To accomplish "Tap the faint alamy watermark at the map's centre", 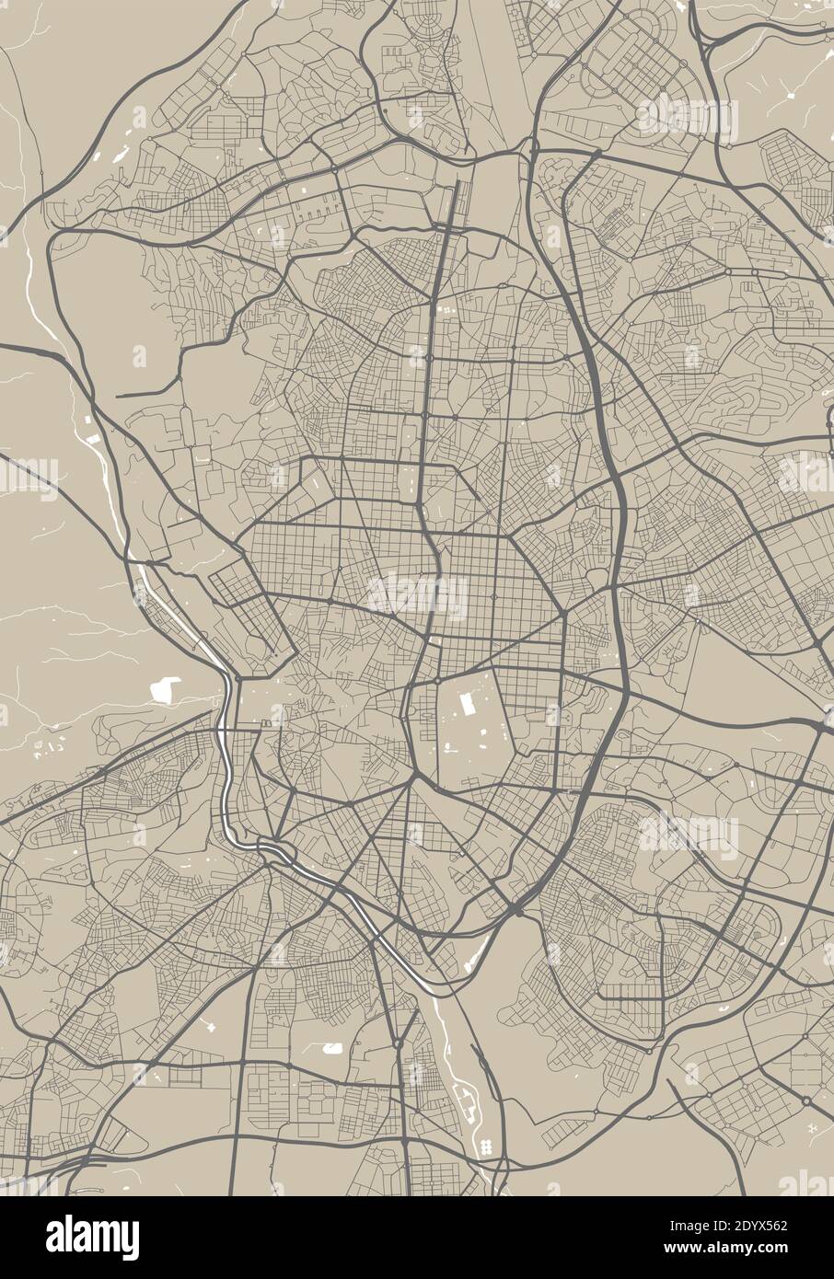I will point(417,595).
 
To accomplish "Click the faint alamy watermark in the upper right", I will point(689,118).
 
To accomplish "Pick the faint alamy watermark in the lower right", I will point(689,834).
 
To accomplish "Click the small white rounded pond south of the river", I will point(331,1048).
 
